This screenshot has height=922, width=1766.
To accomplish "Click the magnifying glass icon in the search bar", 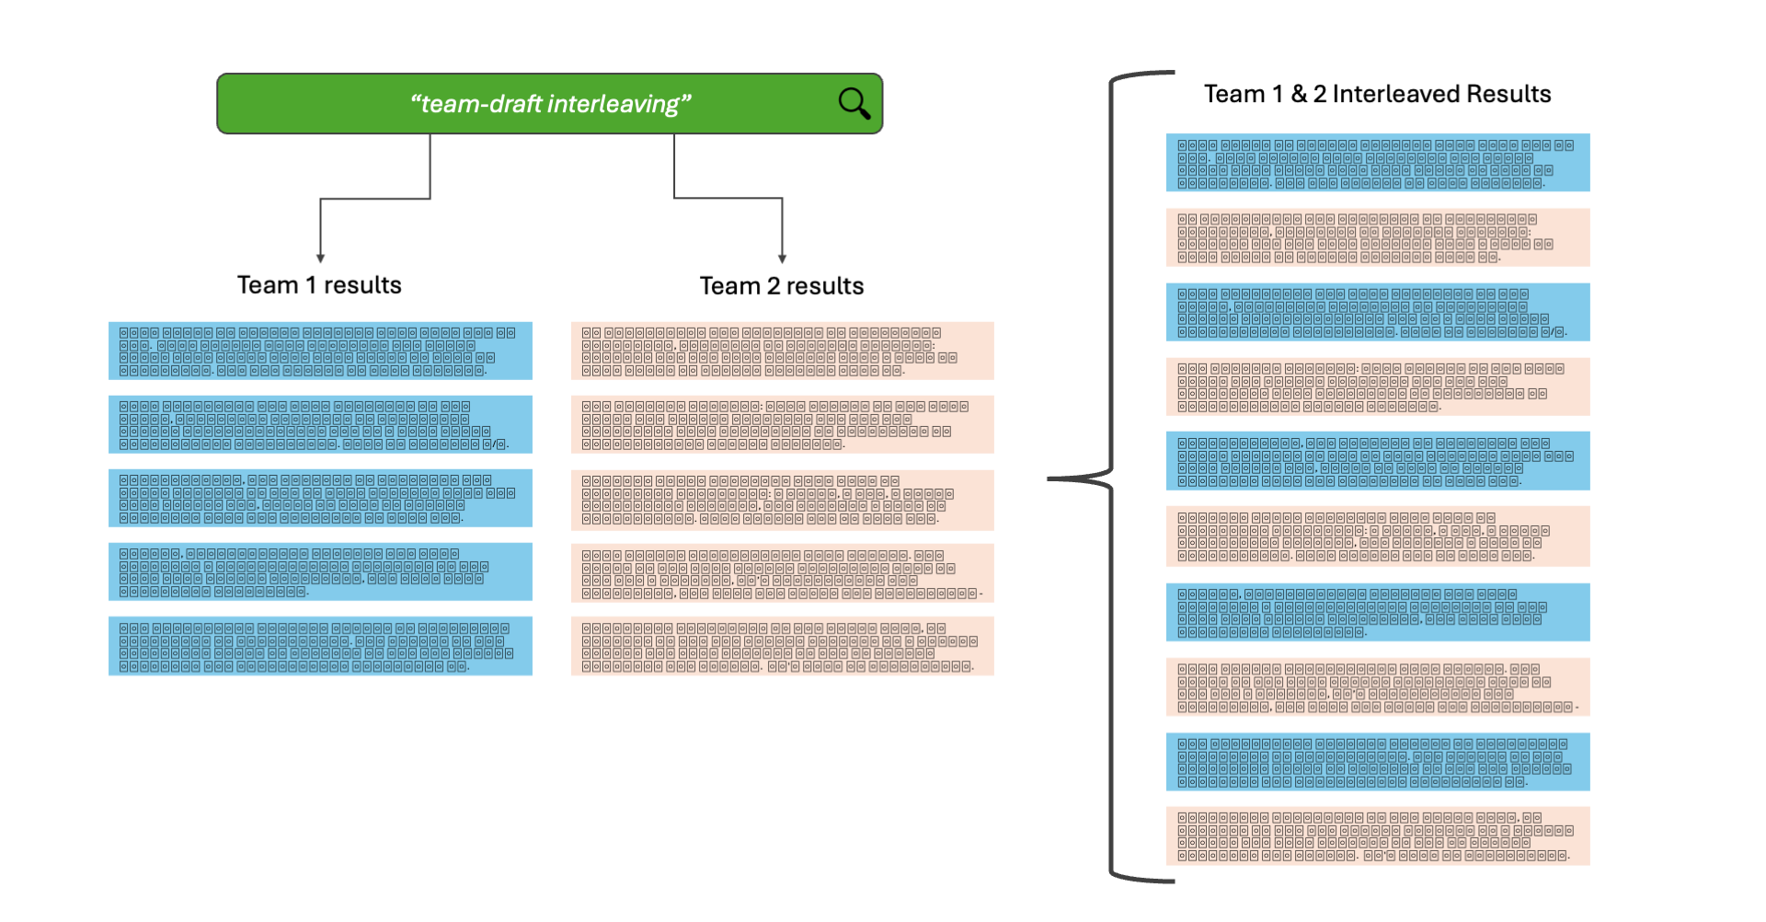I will pyautogui.click(x=854, y=103).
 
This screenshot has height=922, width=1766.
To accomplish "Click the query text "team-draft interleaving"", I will pyautogui.click(x=550, y=104).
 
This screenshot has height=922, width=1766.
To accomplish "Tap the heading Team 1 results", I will pyautogui.click(x=319, y=285).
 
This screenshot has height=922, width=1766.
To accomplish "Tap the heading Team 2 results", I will pyautogui.click(x=781, y=286).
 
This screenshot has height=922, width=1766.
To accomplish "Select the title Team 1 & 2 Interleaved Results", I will pyautogui.click(x=1377, y=94).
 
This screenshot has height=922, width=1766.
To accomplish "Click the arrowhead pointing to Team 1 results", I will pyautogui.click(x=320, y=259).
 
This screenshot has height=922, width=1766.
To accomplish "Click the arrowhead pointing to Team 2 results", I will pyautogui.click(x=782, y=259).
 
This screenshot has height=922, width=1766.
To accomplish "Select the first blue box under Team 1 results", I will pyautogui.click(x=320, y=351).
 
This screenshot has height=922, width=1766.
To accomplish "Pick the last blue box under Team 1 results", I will pyautogui.click(x=320, y=646).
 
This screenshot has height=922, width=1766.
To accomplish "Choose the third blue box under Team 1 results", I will pyautogui.click(x=320, y=498).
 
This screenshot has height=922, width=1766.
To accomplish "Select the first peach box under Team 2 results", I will pyautogui.click(x=782, y=351).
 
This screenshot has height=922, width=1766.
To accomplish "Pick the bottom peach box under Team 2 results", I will pyautogui.click(x=782, y=646).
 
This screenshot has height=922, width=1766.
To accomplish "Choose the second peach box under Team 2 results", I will pyautogui.click(x=782, y=424).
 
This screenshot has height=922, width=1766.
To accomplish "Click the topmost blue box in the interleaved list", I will pyautogui.click(x=1377, y=163).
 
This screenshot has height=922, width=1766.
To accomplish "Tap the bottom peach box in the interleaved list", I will pyautogui.click(x=1377, y=836).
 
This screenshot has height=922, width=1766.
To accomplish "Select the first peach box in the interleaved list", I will pyautogui.click(x=1377, y=237).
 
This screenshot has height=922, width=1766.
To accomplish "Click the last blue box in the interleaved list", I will pyautogui.click(x=1377, y=761).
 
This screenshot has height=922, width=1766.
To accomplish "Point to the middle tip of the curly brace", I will pyautogui.click(x=1051, y=478).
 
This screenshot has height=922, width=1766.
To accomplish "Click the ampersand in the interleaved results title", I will pyautogui.click(x=1299, y=94).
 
